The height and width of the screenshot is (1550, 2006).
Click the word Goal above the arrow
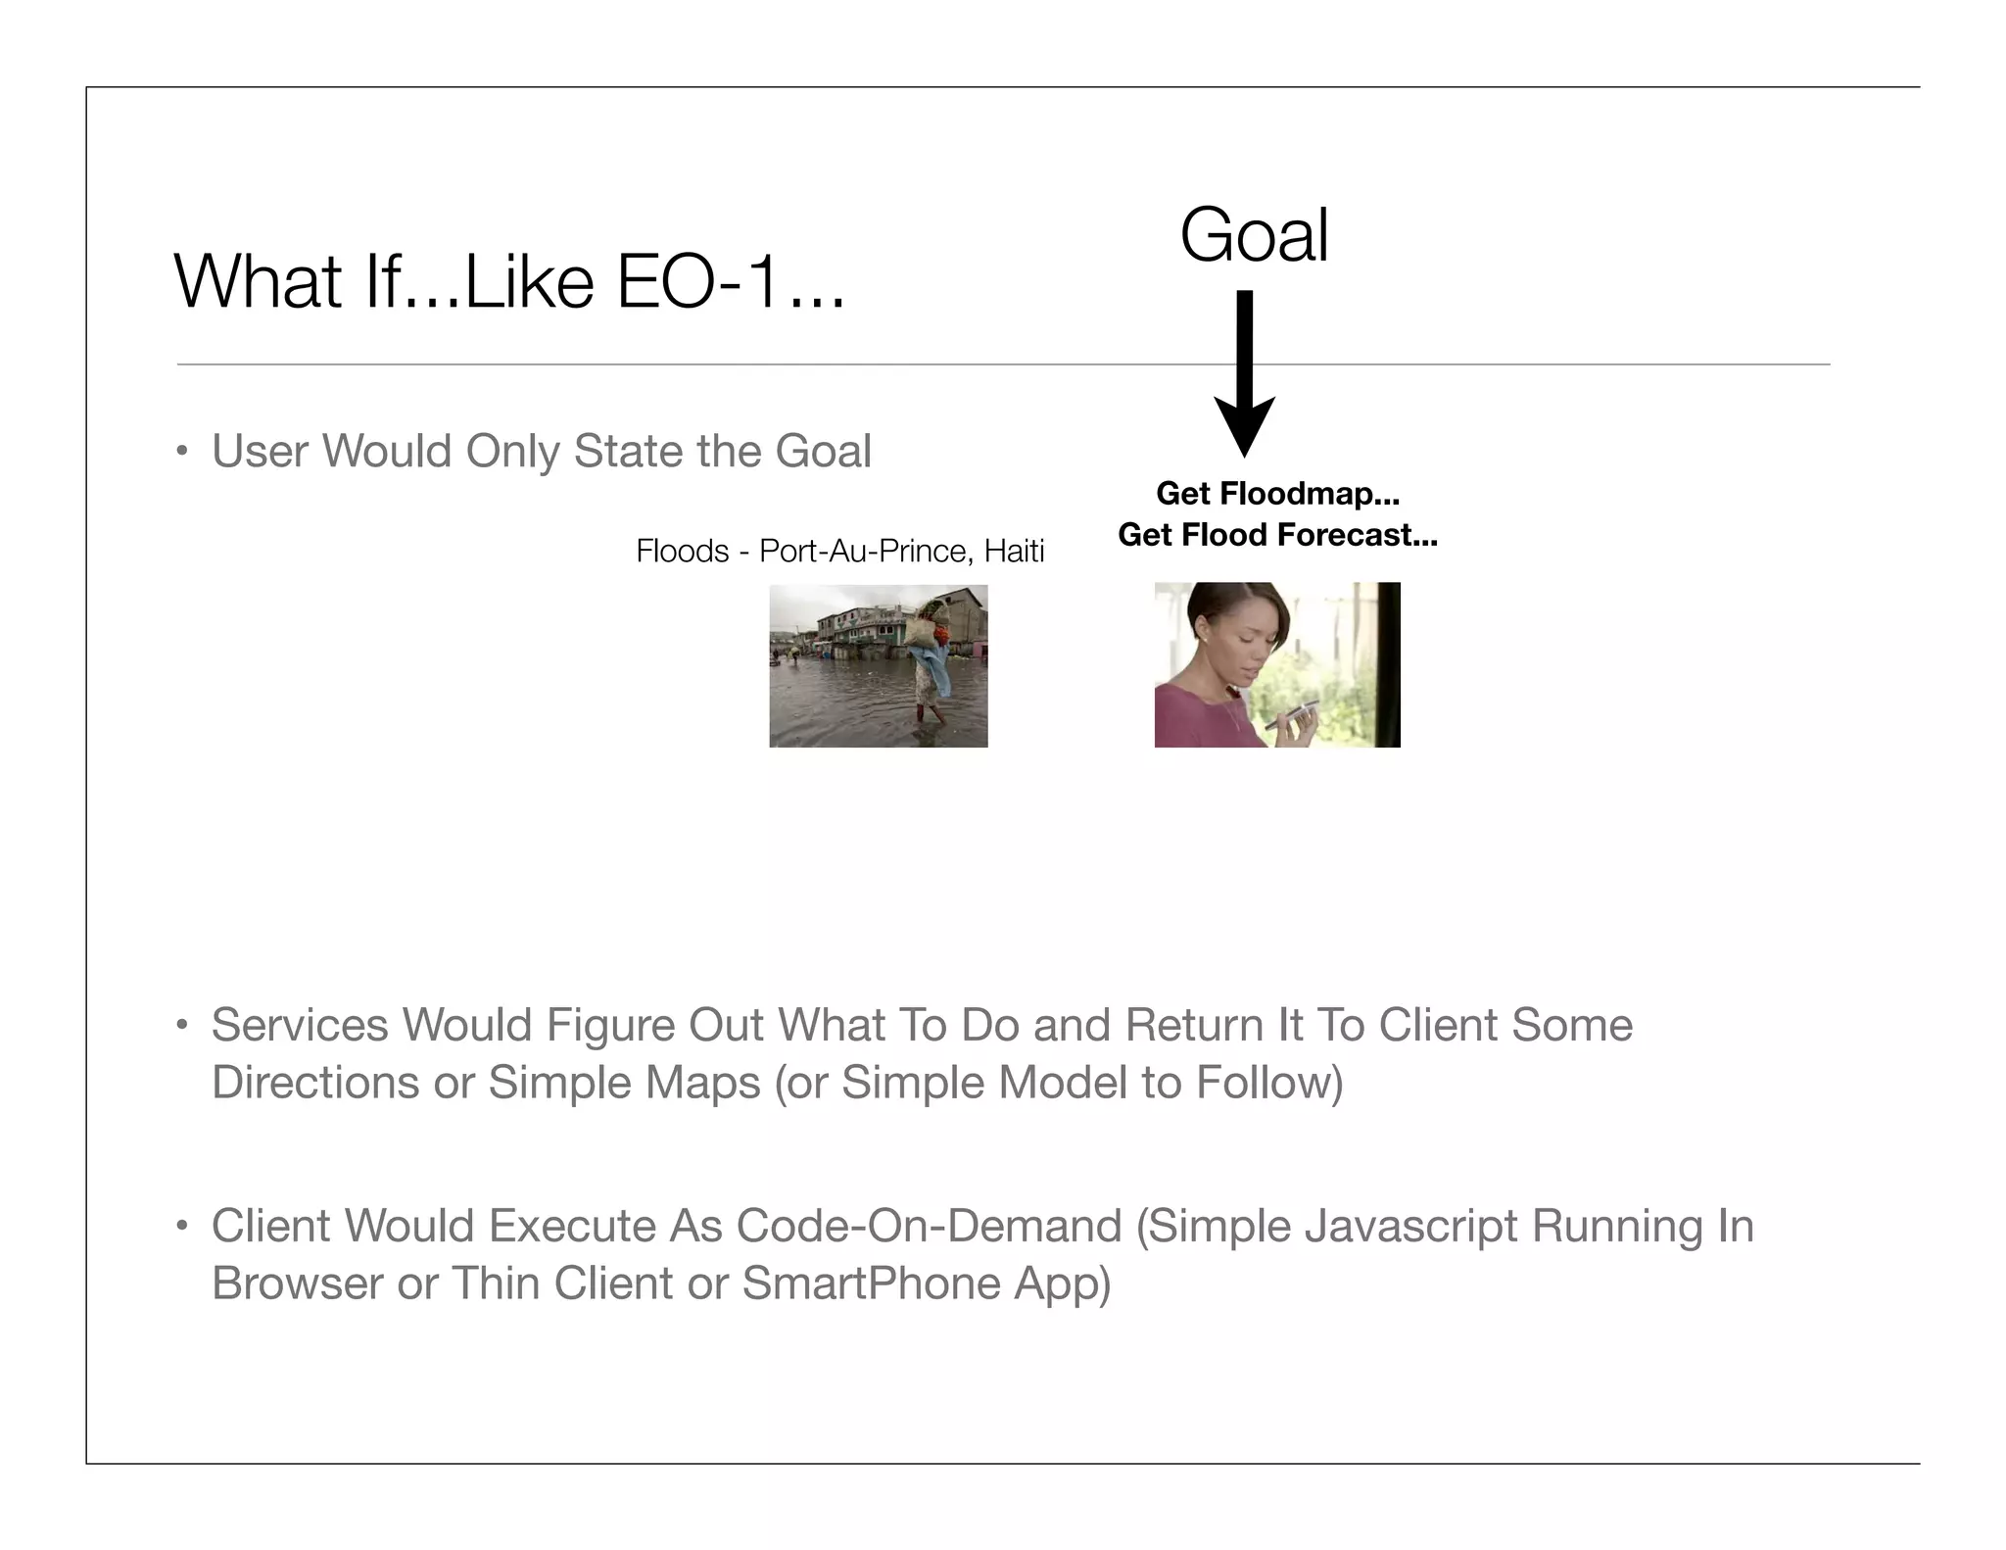pos(1254,236)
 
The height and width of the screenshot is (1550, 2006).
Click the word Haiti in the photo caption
pos(1014,552)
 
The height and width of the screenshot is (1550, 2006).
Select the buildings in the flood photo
pos(852,627)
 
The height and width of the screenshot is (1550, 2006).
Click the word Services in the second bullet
pos(300,1026)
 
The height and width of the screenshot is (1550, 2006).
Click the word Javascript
pos(1407,1227)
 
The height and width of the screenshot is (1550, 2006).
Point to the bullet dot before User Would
pos(181,453)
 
